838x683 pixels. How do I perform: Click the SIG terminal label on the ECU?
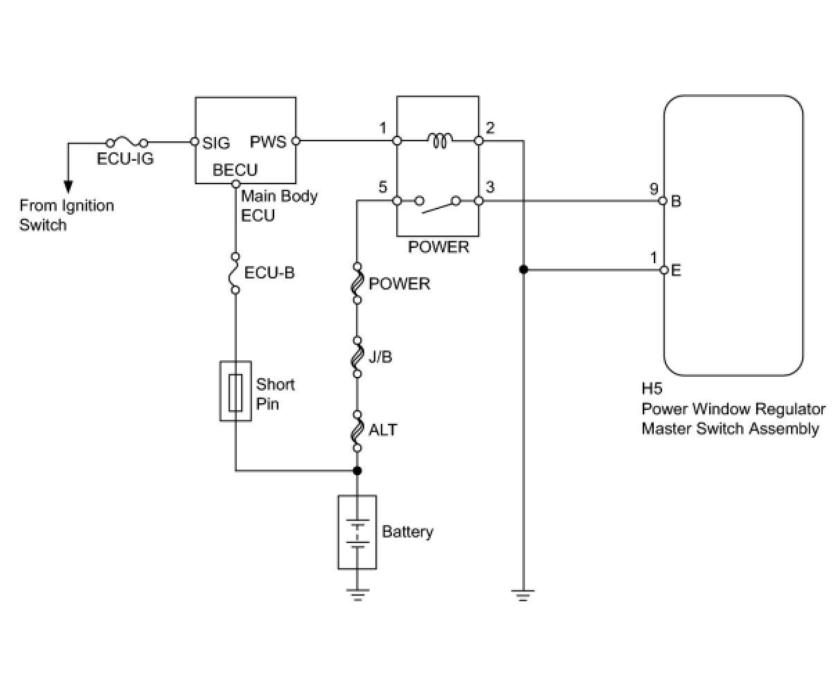coord(216,143)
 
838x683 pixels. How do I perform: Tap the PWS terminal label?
coord(268,142)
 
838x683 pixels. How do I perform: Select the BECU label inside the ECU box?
coord(235,170)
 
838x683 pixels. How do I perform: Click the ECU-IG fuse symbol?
coord(127,142)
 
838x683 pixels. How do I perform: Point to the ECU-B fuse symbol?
coord(235,274)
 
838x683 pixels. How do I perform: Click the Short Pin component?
coord(235,391)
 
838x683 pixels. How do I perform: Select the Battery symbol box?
coord(357,532)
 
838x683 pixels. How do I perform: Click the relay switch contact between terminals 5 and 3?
coord(438,204)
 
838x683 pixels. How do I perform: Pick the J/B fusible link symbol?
coord(357,357)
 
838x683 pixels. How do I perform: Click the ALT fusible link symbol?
coord(357,431)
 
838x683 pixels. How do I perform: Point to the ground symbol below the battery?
coord(357,595)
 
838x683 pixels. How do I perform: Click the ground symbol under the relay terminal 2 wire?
coord(523,595)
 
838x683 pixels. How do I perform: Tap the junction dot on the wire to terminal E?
coord(524,269)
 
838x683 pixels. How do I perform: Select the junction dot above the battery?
coord(357,470)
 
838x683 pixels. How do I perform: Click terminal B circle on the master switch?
coord(663,201)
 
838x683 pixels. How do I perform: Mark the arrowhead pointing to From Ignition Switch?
coord(69,186)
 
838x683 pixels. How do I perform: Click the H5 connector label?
coord(652,389)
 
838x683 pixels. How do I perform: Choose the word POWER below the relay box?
coord(438,247)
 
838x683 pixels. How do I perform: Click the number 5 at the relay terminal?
coord(383,187)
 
